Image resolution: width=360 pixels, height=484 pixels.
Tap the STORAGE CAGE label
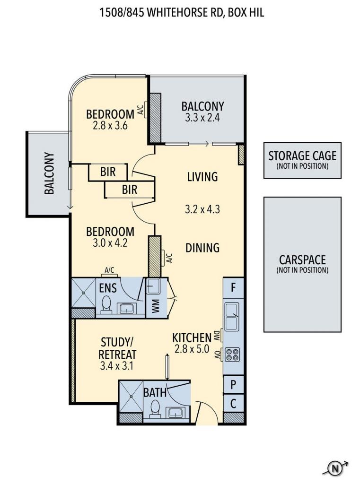302,156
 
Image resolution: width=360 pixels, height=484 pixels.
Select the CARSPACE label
302,259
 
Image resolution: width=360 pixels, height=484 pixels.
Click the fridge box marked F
233,288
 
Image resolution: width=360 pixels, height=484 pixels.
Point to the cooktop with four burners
232,354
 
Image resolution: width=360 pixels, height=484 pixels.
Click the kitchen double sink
232,316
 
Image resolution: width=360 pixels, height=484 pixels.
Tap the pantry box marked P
233,385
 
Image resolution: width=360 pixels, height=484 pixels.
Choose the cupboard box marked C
233,404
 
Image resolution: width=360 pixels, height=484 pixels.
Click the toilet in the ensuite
106,305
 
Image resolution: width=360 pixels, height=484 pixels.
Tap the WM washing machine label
156,306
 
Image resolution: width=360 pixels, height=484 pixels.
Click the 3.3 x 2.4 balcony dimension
202,118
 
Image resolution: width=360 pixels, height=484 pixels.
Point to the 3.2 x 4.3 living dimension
202,209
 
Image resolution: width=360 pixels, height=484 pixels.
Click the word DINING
202,248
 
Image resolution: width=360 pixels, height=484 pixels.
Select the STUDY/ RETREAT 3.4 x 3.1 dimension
116,366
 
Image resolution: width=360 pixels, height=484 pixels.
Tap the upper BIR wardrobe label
108,172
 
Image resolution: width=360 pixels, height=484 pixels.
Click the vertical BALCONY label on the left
50,173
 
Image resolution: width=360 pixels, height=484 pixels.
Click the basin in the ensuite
127,308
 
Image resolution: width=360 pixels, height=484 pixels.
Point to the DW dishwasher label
217,336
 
